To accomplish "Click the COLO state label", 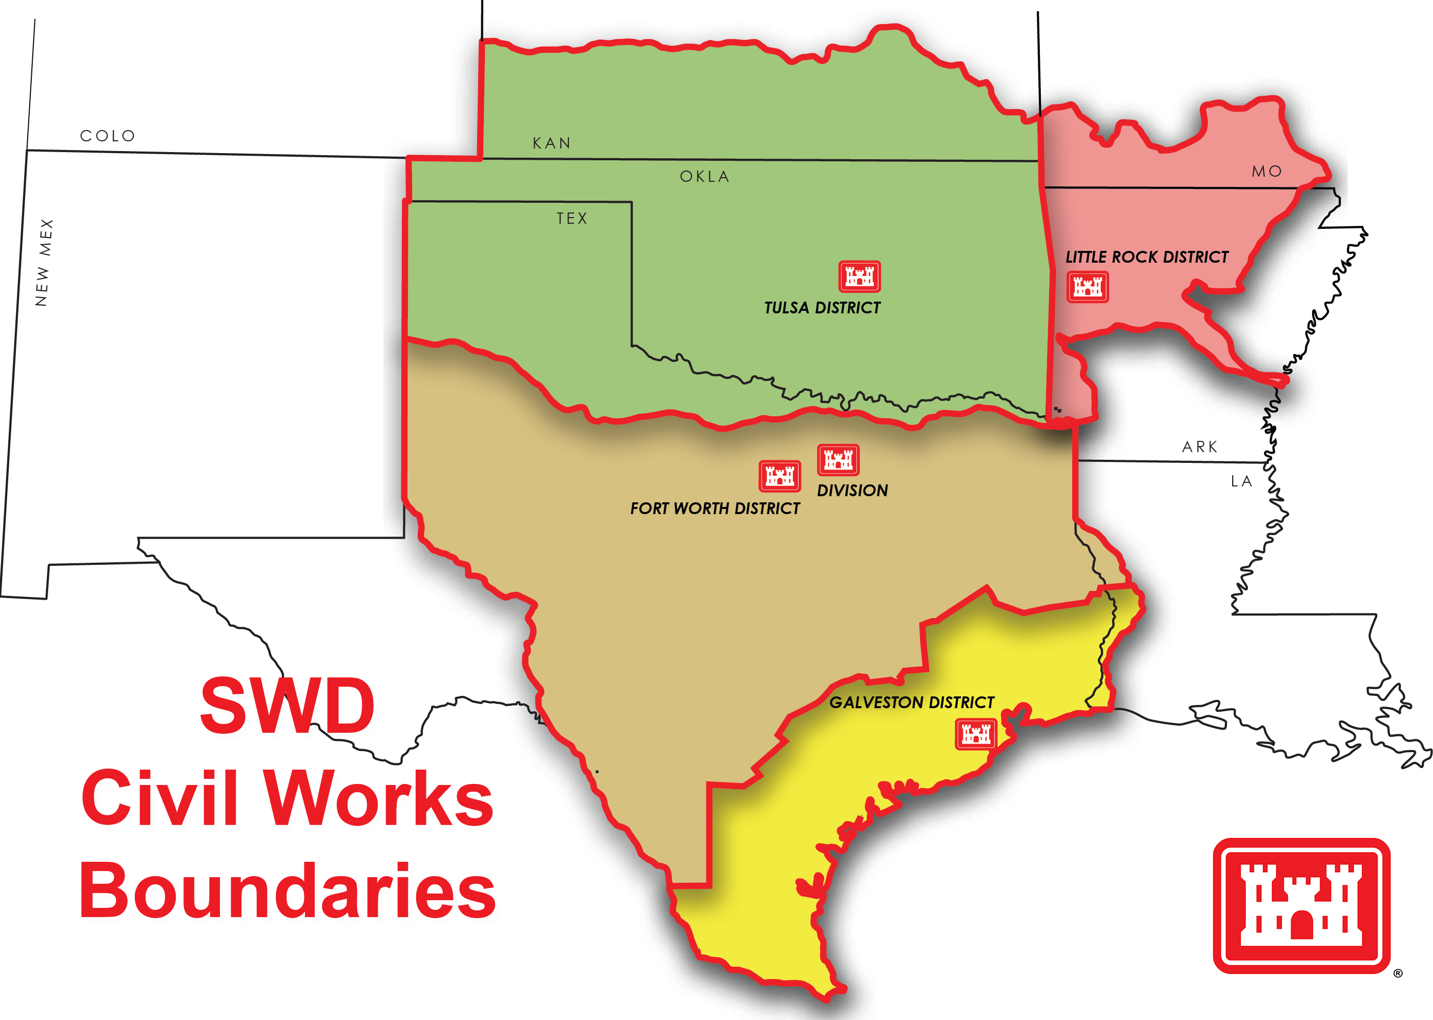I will pos(108,136).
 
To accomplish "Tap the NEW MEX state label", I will pos(44,263).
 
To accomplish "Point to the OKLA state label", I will pos(705,177).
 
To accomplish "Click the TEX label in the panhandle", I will pos(572,219).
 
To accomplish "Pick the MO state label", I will pos(1266,172).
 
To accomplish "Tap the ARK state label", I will pos(1200,447).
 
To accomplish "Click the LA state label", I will pos(1241,481).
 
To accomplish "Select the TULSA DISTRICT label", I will pos(822,308).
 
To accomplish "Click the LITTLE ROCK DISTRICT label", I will pos(1147,257).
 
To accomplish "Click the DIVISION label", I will pos(852,491).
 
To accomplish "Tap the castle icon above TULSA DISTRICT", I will pos(859,277).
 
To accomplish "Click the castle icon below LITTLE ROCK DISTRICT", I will pos(1088,287).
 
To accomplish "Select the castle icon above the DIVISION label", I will pos(838,460).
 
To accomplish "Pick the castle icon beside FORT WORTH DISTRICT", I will pos(780,476).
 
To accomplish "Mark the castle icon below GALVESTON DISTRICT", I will pos(975,734).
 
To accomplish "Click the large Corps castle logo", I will pos(1301,905).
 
